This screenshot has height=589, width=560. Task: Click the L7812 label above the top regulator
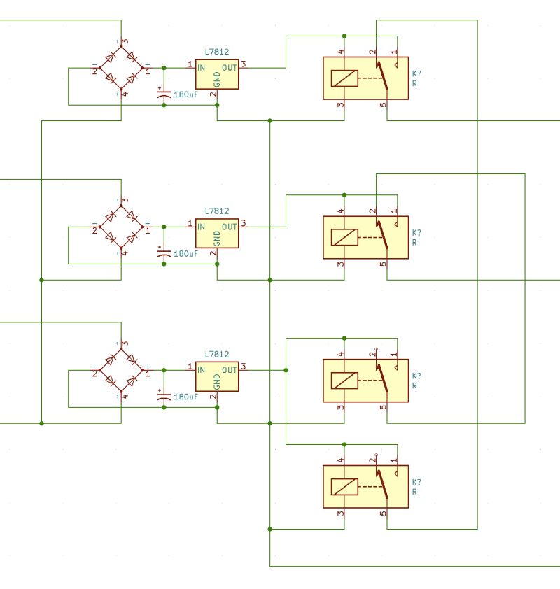[x=217, y=51]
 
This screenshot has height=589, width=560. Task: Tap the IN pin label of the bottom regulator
[x=202, y=370]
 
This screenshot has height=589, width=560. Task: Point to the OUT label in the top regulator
[x=229, y=68]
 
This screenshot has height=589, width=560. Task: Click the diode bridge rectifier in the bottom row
[x=122, y=370]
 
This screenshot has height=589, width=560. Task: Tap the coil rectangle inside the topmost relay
[x=344, y=78]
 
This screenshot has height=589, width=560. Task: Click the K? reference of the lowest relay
[x=416, y=483]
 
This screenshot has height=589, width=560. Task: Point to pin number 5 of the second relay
[x=384, y=264]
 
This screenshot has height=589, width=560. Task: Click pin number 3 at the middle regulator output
[x=244, y=223]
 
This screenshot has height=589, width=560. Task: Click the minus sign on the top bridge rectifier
[x=94, y=64]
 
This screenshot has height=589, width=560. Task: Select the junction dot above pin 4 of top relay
[x=344, y=36]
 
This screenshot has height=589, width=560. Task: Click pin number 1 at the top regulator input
[x=190, y=64]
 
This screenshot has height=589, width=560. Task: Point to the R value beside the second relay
[x=415, y=243]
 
